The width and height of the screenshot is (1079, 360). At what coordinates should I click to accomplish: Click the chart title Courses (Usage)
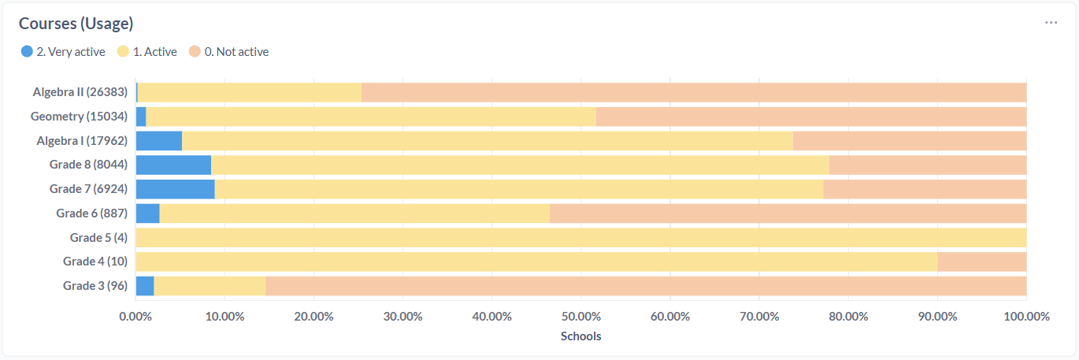[76, 24]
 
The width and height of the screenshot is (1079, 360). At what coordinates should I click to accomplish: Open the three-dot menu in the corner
[1051, 23]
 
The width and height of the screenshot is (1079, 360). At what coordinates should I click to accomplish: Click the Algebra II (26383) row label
[80, 92]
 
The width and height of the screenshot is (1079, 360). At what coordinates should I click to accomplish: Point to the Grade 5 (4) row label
[98, 237]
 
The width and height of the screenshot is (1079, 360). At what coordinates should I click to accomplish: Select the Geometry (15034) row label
[79, 117]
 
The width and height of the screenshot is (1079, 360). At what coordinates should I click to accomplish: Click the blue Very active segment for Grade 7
[175, 189]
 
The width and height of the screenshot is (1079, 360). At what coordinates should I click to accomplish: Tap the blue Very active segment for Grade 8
[173, 165]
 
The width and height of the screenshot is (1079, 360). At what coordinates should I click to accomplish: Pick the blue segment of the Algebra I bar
[159, 141]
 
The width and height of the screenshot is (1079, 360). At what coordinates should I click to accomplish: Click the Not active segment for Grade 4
[981, 262]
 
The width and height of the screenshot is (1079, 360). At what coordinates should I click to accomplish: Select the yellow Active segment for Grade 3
[209, 286]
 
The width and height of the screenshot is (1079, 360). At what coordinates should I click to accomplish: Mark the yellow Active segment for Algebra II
[249, 92]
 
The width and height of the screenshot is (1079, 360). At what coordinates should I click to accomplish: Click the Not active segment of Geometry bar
[811, 117]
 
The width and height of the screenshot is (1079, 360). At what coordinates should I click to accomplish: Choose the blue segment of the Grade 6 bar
[148, 213]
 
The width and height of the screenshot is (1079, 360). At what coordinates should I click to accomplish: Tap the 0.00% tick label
[135, 317]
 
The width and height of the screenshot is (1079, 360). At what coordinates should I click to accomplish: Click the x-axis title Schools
[580, 336]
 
